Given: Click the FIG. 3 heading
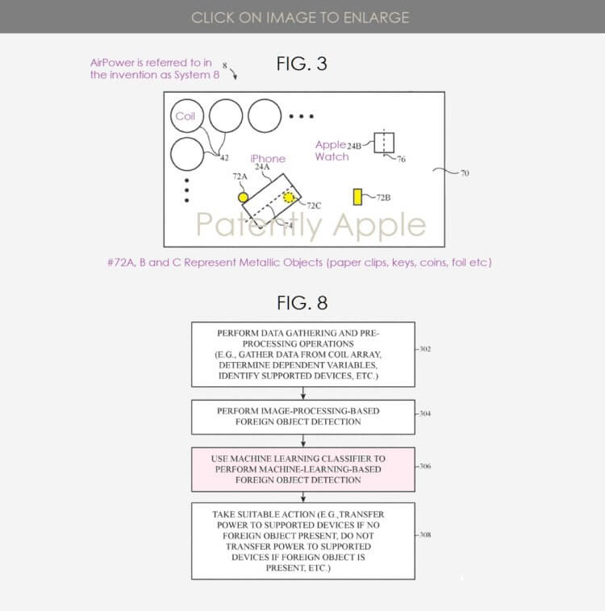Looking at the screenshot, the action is (302, 64).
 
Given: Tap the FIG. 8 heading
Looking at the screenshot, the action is (302, 303).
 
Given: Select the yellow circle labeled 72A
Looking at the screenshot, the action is (243, 197).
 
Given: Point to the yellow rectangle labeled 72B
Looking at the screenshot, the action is (357, 197).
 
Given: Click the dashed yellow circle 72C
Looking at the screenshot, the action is (289, 197).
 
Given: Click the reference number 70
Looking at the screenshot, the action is (465, 173).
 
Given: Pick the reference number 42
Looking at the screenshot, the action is (224, 158).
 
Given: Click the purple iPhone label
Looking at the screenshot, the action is (268, 159).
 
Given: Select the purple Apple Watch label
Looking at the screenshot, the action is (332, 151).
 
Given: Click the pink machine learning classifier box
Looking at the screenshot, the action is (303, 469).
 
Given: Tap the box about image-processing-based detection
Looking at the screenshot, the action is (303, 417).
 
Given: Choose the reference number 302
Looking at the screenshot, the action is (425, 349).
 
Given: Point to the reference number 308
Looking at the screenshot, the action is (425, 534).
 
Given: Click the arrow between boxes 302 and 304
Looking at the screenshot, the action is (303, 393).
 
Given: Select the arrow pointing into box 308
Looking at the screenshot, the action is (303, 497).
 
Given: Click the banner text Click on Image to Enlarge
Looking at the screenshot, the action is (300, 18).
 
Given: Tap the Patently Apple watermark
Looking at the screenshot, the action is (311, 225).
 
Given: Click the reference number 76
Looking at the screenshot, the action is (402, 159).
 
